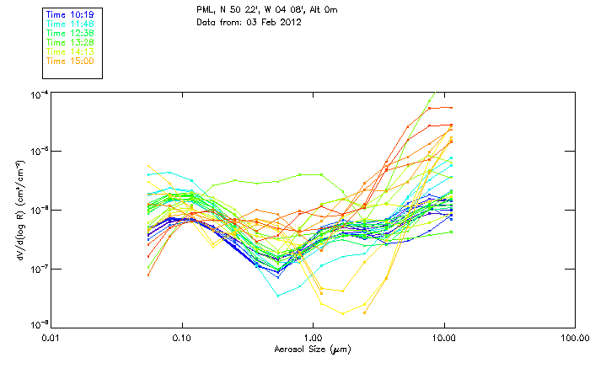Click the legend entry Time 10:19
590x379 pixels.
pos(70,14)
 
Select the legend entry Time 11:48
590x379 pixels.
pos(70,24)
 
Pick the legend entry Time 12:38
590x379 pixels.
pos(70,33)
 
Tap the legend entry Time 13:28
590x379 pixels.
pos(70,42)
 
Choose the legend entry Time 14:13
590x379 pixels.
pos(70,51)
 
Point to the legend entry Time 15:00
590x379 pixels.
pos(70,61)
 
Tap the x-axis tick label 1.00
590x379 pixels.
pos(313,339)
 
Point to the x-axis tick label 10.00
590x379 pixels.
pos(443,339)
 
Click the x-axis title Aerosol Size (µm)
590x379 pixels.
pos(313,349)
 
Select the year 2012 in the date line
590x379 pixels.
pos(289,21)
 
